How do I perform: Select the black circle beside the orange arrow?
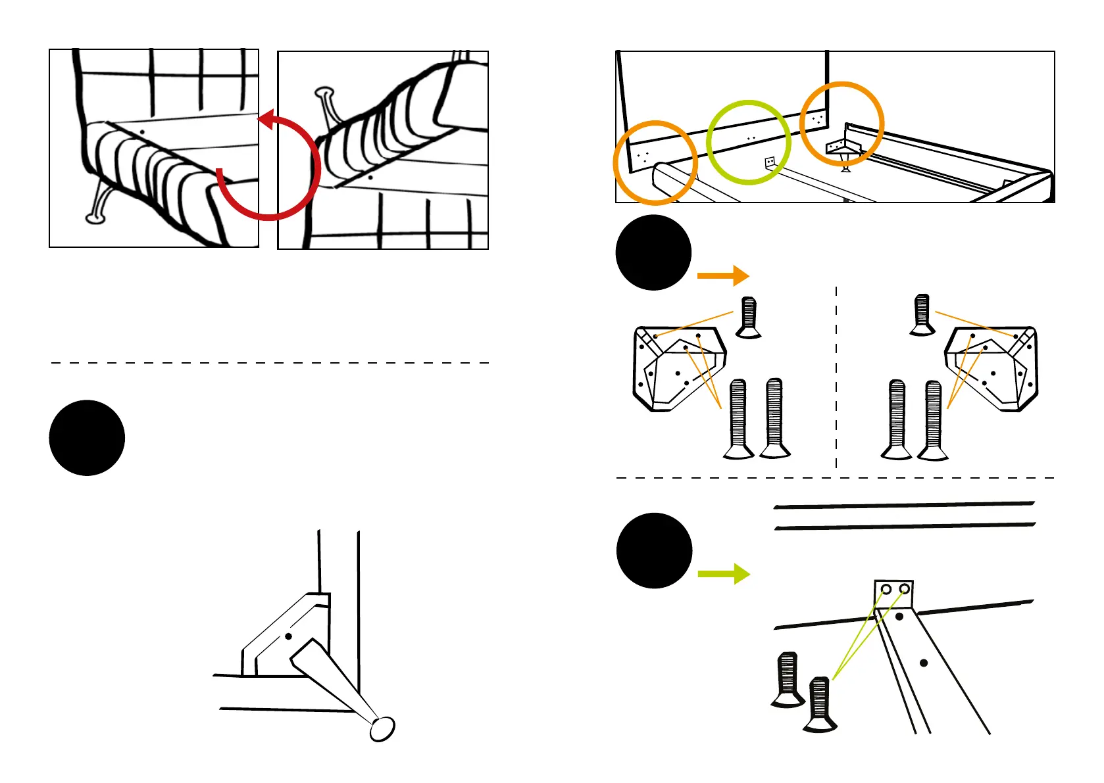click(x=653, y=252)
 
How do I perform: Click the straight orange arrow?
click(x=722, y=275)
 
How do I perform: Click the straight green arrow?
click(x=723, y=574)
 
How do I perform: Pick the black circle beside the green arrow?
click(x=654, y=550)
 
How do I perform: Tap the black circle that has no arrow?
click(x=87, y=437)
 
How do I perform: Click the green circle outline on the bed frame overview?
click(x=748, y=142)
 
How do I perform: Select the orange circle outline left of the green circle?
click(x=655, y=162)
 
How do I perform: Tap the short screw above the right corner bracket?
click(x=922, y=314)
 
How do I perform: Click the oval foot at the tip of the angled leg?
click(x=382, y=728)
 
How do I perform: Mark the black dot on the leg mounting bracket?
click(x=288, y=636)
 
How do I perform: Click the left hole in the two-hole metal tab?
click(x=886, y=589)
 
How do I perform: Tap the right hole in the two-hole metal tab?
click(x=905, y=589)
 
